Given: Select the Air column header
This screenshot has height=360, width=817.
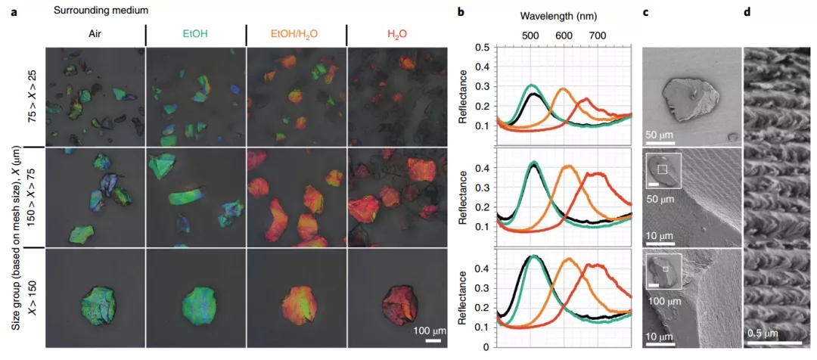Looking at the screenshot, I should pos(94,35).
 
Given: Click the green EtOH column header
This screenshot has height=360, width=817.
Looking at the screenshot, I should pos(194,35).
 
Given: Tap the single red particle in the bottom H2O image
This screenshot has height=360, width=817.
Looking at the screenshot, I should pos(398,300).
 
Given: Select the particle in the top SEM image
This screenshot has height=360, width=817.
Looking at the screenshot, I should pos(685,100).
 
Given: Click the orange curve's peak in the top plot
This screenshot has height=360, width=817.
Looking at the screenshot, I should pos(562,89).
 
